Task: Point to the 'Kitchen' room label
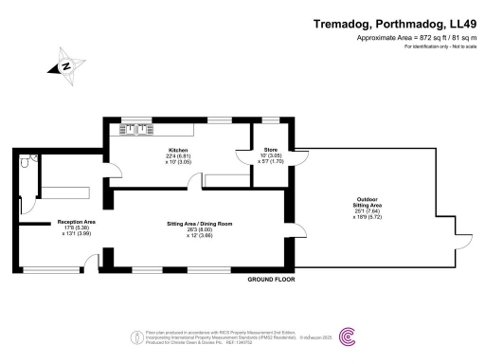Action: tap(178, 151)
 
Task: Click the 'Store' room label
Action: tap(268, 151)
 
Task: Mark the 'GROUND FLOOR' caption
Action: tap(270, 281)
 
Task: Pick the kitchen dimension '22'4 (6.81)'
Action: tap(178, 156)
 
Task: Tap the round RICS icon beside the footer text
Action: tap(131, 335)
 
